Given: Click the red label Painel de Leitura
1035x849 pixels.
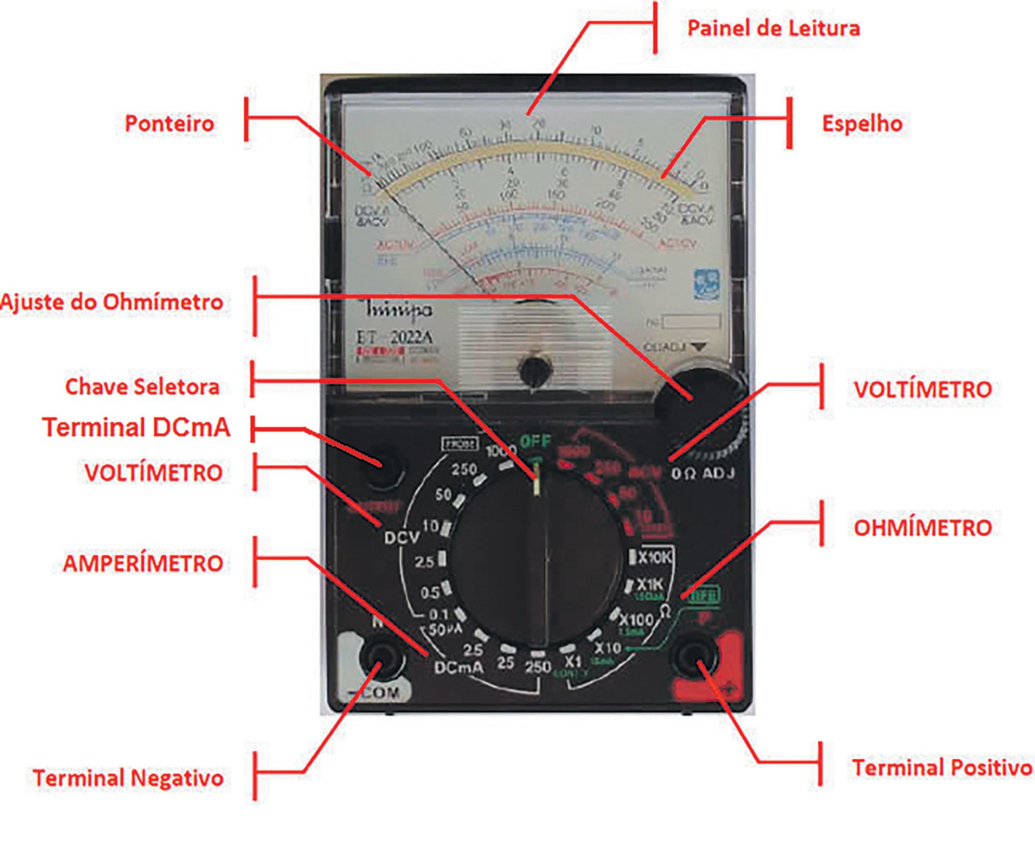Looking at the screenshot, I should pos(773,28).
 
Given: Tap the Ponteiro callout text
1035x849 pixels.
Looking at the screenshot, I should pos(169,124).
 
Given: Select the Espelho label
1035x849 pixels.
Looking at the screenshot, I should pos(862,124).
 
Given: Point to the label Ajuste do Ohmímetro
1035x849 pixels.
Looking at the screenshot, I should pos(112,302).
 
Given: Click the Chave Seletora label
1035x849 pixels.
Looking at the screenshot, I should pos(142,387).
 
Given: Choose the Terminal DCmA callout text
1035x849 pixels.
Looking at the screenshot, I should pos(136,427).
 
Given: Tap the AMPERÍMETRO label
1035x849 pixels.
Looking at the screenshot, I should pos(143,564).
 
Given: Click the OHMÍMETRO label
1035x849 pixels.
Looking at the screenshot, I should pos(923,528).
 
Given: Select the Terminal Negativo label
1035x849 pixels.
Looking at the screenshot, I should pos(128,778).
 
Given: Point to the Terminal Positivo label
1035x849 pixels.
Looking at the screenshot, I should pos(942,768).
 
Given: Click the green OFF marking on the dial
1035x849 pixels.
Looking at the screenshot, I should pos(535,441).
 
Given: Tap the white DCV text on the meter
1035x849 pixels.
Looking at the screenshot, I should pos(402,537).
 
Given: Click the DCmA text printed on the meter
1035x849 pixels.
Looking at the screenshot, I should pos(458,667).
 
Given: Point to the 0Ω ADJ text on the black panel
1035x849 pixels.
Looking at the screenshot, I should pos(703,473).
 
